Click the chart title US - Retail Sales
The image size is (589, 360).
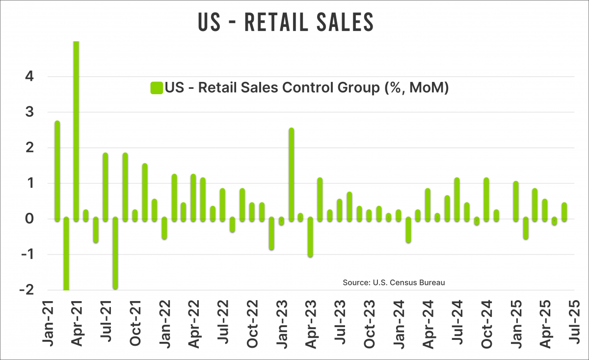tap(286, 23)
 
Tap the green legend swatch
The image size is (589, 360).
tap(157, 88)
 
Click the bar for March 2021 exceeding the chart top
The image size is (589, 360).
tap(77, 130)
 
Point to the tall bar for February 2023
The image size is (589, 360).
tap(291, 174)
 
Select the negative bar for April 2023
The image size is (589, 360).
tap(310, 237)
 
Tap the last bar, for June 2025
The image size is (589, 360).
tap(564, 211)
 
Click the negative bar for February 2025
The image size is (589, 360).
tap(525, 228)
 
